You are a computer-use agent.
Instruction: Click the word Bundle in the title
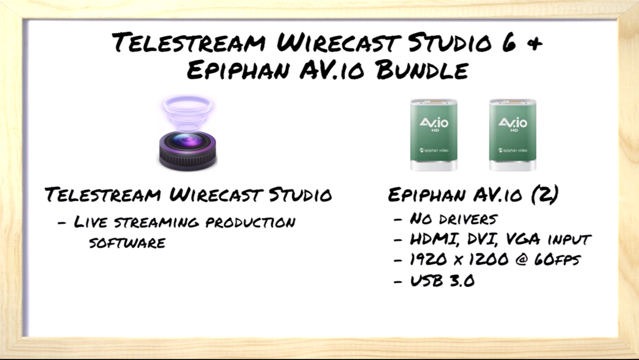coord(422,70)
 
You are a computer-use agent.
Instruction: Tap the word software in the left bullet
coord(127,242)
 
